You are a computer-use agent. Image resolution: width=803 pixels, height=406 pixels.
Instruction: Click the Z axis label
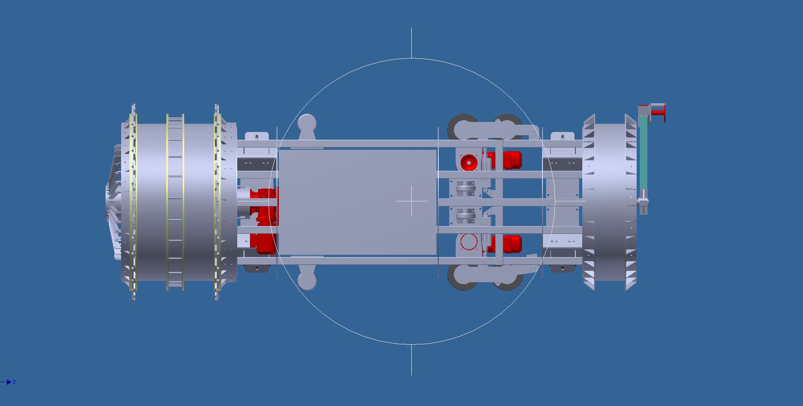(15, 382)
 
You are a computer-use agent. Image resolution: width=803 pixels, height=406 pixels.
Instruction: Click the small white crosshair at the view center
(411, 201)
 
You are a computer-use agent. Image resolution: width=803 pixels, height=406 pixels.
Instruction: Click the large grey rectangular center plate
(357, 202)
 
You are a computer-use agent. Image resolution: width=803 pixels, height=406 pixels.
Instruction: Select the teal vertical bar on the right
(643, 153)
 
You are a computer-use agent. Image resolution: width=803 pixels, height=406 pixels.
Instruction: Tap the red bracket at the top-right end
(657, 112)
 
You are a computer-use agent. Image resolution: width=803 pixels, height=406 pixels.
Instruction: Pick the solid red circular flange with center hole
(468, 163)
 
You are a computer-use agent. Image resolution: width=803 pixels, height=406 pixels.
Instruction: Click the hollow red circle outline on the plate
(468, 242)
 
